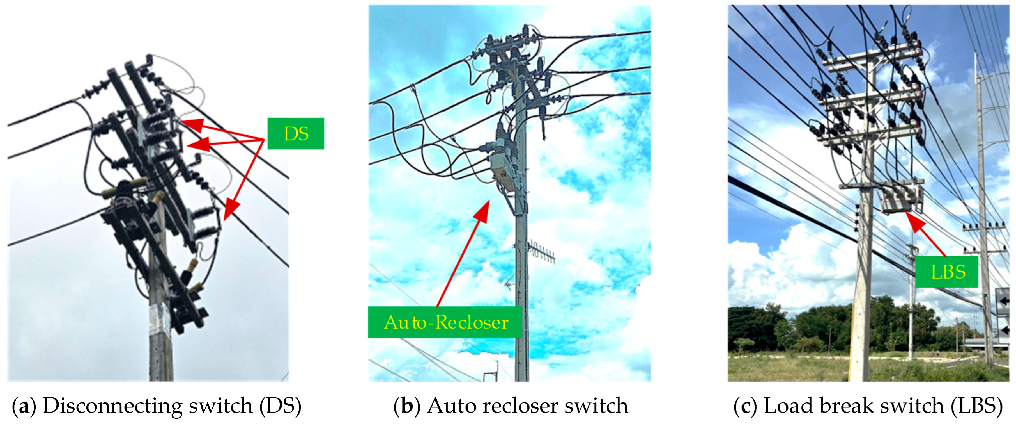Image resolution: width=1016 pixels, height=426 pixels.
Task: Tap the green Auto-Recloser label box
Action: (x=445, y=322)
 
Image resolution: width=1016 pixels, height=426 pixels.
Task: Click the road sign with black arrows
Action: (x=1003, y=312)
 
